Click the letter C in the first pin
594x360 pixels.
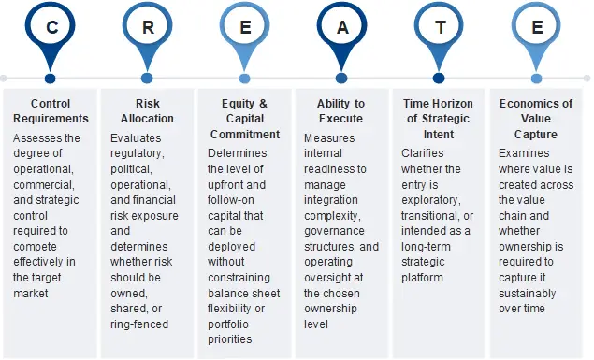click(51, 28)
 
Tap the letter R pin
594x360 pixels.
click(147, 28)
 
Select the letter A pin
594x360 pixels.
click(341, 28)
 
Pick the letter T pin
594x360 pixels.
click(439, 28)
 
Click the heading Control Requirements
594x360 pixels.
click(51, 111)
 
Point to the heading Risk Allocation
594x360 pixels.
click(147, 111)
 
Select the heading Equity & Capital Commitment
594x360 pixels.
click(244, 119)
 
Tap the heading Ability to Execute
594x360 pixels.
click(341, 111)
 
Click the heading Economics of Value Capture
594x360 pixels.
click(536, 119)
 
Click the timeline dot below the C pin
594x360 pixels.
click(51, 79)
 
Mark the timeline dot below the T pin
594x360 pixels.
click(439, 79)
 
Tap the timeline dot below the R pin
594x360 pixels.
click(147, 79)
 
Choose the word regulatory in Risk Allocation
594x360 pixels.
click(138, 153)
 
